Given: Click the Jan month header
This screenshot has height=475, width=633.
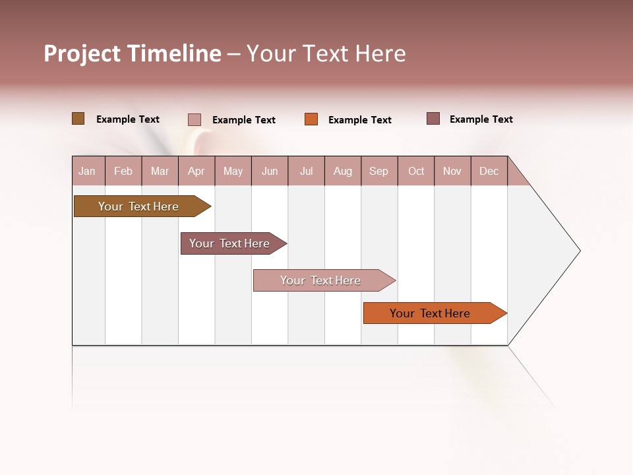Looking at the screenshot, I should click(x=88, y=171).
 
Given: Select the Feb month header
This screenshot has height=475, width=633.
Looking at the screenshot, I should click(x=123, y=171).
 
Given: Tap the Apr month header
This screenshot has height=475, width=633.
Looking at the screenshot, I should click(x=196, y=171).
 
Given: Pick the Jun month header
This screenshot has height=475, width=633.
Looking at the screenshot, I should click(x=270, y=171).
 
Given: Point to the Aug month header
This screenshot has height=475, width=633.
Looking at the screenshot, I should click(x=343, y=171).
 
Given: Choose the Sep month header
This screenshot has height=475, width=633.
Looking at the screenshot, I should click(x=379, y=171).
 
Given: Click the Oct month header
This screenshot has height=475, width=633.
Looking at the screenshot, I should click(x=416, y=171).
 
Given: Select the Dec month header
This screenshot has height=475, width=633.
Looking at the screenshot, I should click(x=489, y=171).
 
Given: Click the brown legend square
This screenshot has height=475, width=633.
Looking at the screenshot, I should click(x=78, y=119).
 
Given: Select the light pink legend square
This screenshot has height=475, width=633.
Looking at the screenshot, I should click(x=195, y=119).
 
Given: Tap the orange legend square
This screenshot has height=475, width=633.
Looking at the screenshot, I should click(x=311, y=119).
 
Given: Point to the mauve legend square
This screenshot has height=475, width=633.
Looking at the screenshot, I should click(x=433, y=119).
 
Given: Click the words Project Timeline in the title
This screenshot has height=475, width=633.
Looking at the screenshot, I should click(x=132, y=53).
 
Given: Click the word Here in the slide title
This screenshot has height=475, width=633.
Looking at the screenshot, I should click(x=380, y=53).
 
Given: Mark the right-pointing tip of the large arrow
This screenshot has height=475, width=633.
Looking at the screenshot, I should click(x=579, y=251).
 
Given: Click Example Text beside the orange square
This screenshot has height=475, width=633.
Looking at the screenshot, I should click(x=360, y=120).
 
